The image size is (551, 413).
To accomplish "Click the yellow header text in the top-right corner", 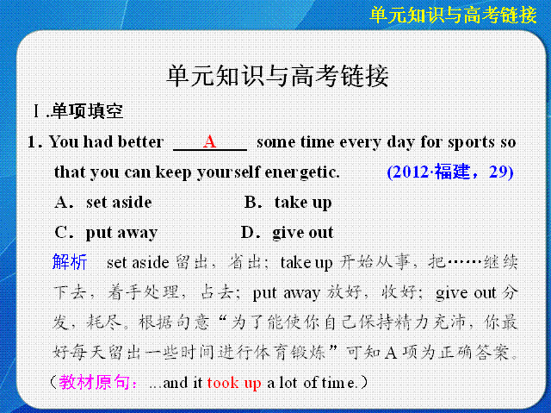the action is [454, 15].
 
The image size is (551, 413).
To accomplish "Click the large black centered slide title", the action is [277, 76].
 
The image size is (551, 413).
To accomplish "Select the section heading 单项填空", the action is [87, 111].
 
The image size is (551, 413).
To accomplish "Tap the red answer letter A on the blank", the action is [210, 141].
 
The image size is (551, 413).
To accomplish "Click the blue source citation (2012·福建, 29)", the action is [450, 172].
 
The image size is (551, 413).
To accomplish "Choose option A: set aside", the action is [103, 203].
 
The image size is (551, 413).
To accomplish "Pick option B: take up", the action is [288, 203].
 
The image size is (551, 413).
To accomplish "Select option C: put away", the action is [106, 233].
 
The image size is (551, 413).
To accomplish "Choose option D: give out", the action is [287, 233].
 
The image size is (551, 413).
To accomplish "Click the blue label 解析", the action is [70, 262].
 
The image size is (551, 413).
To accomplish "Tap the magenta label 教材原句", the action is [94, 382].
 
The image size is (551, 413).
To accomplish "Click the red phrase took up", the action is [234, 383].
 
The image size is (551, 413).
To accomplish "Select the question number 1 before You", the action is [34, 141].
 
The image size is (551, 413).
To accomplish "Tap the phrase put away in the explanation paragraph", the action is [286, 293].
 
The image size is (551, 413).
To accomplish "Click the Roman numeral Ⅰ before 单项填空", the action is [36, 111].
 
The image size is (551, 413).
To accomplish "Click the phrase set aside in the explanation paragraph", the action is [138, 262].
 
